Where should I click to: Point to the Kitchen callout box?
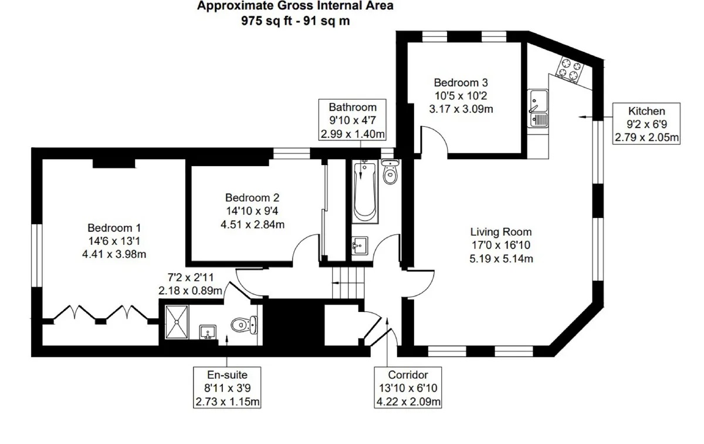point(647,124)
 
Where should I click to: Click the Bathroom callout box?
point(353,120)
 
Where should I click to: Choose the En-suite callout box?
point(227,388)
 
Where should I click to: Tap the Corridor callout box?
point(408,388)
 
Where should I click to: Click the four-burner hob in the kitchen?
point(570,70)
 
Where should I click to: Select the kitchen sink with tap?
point(539,109)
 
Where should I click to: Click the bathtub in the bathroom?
point(364,191)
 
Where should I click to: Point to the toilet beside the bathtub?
point(390,171)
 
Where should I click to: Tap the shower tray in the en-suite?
point(177,322)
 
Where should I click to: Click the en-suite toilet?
point(244,324)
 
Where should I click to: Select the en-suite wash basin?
point(208,332)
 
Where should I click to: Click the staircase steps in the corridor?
point(348,283)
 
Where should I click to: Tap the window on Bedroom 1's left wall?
point(37,255)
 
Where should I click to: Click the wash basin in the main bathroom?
point(360,245)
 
